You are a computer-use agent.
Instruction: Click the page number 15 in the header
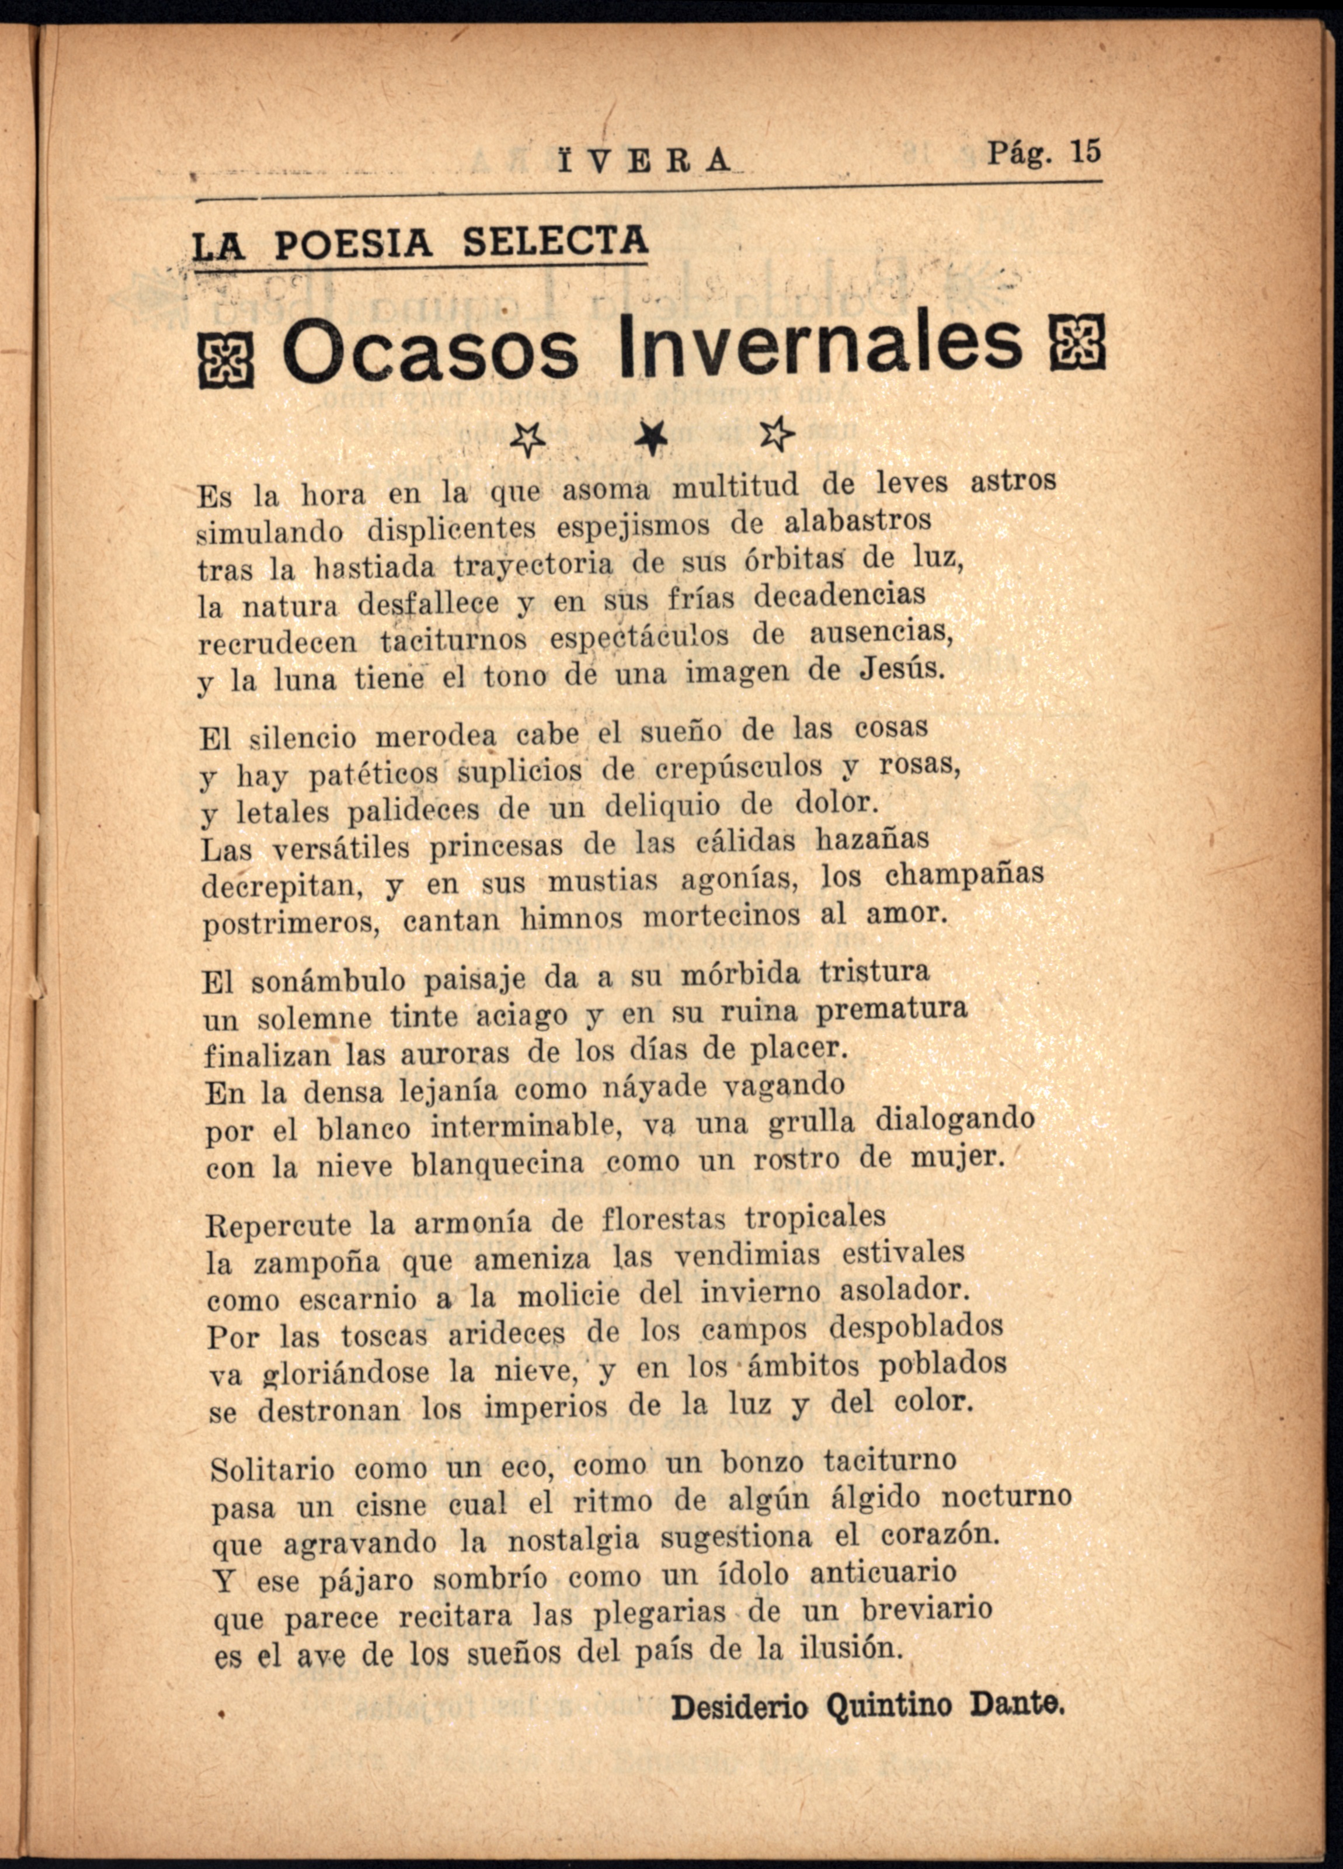tap(1084, 152)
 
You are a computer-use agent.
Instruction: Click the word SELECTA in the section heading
tap(555, 241)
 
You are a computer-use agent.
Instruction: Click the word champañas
tap(964, 875)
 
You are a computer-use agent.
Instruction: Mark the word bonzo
tap(762, 1461)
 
